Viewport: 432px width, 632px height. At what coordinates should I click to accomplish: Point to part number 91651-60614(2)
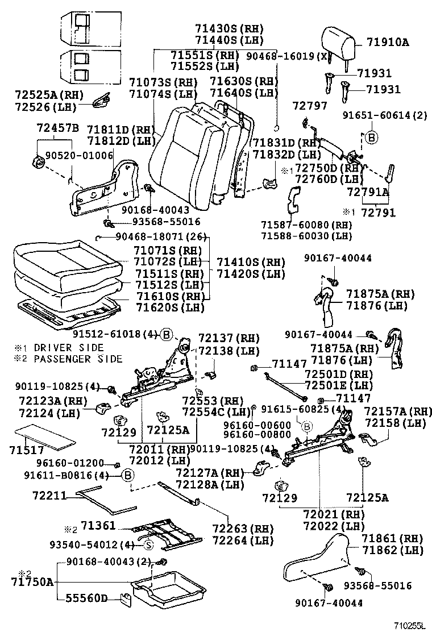384,116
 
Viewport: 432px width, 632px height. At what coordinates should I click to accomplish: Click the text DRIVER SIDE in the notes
68,347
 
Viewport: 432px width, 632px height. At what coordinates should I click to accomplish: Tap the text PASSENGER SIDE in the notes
78,359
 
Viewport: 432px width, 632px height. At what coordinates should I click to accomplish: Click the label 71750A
32,581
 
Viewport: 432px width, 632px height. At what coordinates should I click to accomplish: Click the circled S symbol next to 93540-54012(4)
148,544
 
